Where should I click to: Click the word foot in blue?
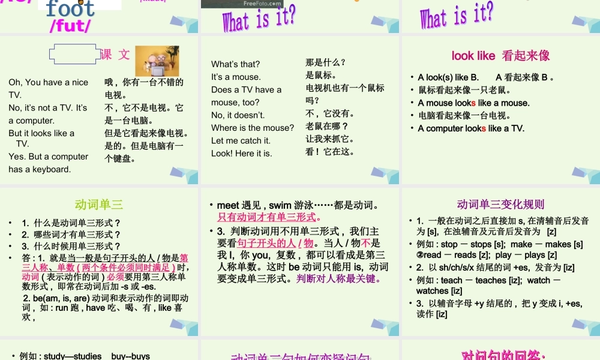(71, 8)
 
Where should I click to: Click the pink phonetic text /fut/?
(71, 26)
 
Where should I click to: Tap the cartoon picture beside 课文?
(157, 61)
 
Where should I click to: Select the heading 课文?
(115, 55)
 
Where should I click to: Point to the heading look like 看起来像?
(500, 56)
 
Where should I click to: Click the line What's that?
(236, 64)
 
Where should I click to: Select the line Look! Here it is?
(241, 153)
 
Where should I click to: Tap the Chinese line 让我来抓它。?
(330, 139)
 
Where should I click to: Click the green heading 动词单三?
(99, 205)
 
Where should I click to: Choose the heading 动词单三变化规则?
(500, 205)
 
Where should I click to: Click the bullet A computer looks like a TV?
(471, 128)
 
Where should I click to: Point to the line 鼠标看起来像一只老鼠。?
(464, 90)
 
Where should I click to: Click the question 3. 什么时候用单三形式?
(71, 246)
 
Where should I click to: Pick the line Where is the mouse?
(253, 127)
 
